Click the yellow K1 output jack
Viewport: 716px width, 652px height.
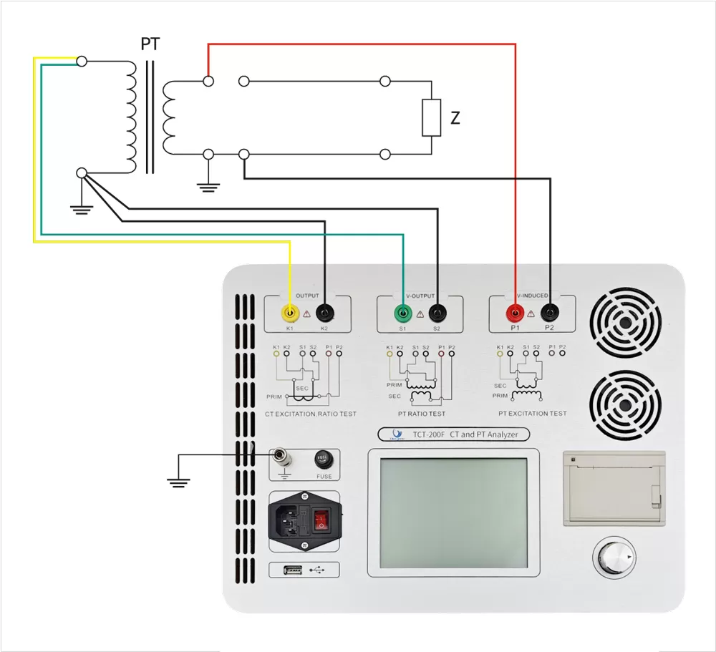[x=290, y=313]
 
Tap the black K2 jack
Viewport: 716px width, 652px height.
[x=325, y=313]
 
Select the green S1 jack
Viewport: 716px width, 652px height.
[x=403, y=313]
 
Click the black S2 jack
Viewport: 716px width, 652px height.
[x=437, y=313]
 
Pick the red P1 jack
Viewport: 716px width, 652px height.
[x=515, y=313]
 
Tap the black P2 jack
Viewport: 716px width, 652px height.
[x=550, y=313]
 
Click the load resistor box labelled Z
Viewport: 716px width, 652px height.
[x=431, y=118]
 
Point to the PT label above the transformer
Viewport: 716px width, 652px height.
[x=150, y=44]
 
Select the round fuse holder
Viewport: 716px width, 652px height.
[x=323, y=459]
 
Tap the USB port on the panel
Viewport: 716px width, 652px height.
[x=292, y=570]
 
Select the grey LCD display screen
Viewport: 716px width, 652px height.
[x=453, y=512]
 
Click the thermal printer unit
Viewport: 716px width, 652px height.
[x=614, y=489]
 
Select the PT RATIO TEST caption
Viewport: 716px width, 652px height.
[x=421, y=414]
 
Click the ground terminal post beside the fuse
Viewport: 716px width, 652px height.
[x=281, y=454]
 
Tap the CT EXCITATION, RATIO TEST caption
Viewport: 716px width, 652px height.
[x=310, y=414]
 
